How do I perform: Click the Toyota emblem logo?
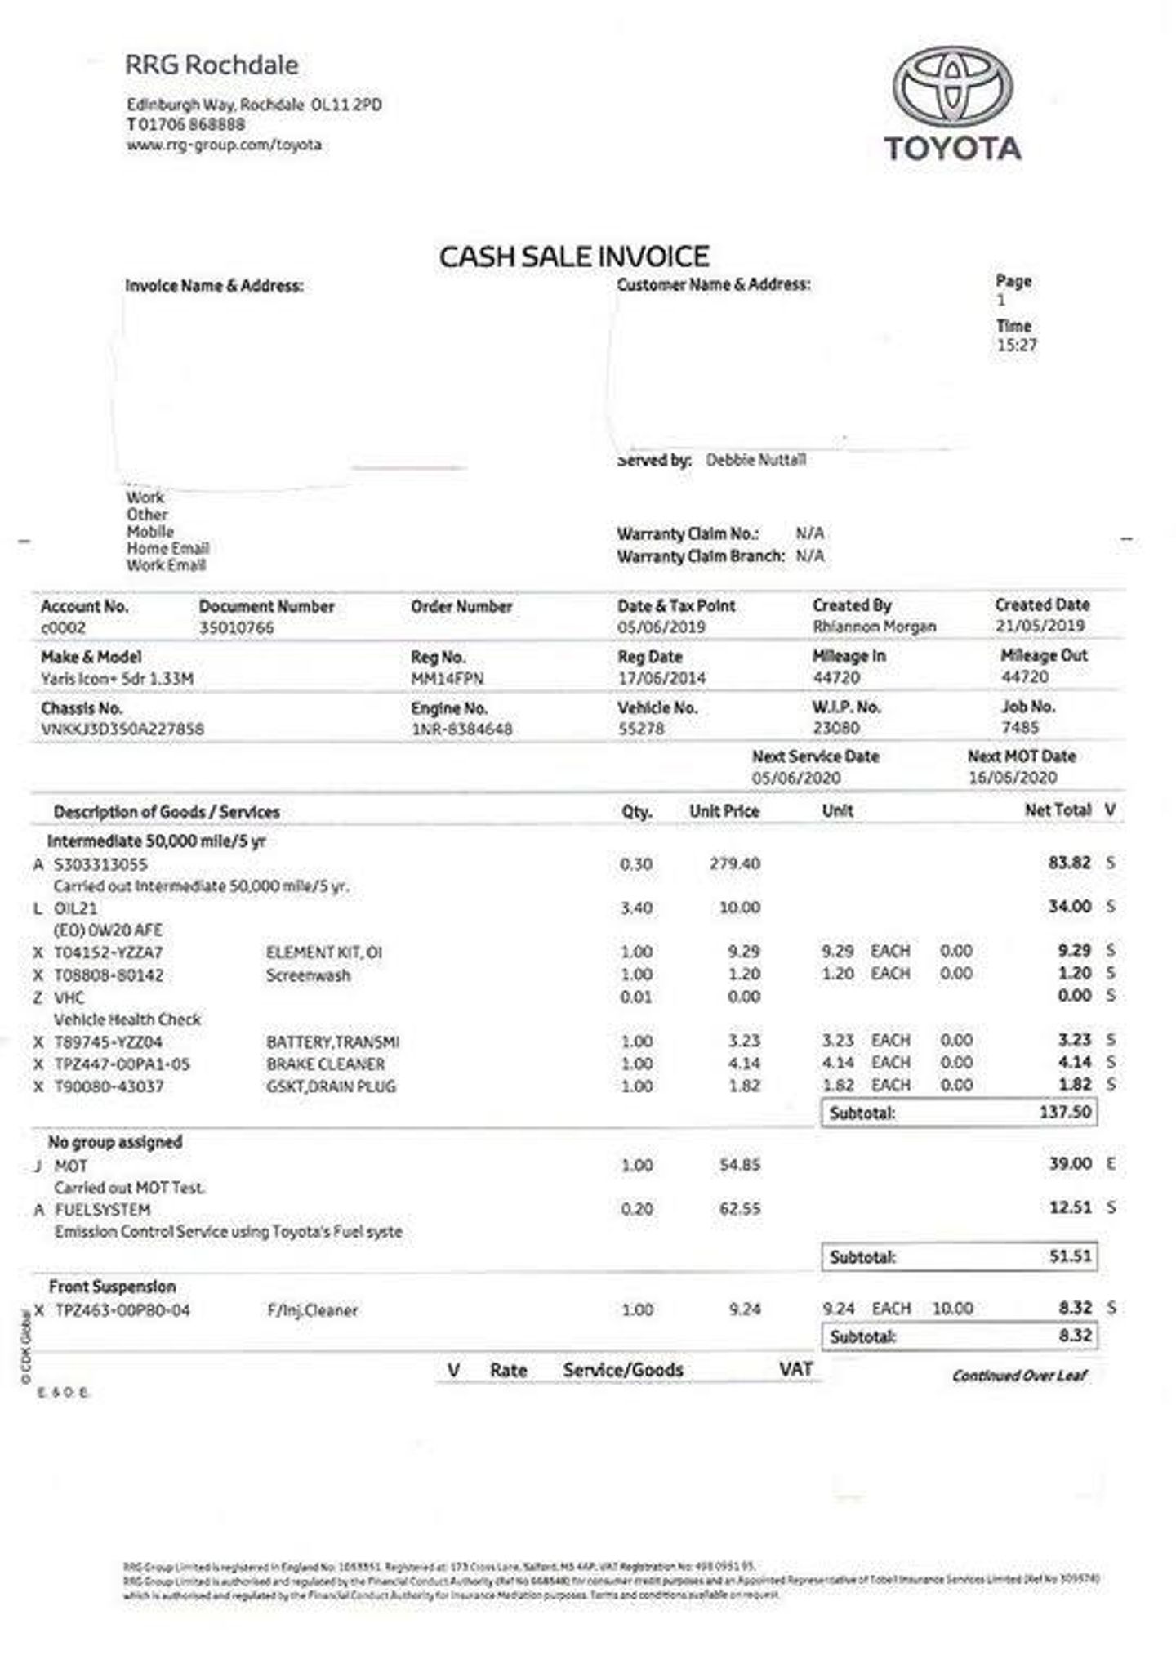point(951,87)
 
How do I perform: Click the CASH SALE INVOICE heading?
point(574,257)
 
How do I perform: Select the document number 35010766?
point(236,628)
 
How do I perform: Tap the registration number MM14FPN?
point(447,679)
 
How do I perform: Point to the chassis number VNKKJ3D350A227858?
point(122,729)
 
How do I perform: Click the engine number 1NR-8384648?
point(461,729)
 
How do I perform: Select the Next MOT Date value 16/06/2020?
point(1012,778)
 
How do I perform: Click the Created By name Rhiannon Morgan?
point(874,627)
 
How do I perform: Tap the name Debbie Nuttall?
point(755,460)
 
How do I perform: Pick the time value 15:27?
point(1016,345)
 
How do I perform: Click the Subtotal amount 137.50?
point(1065,1112)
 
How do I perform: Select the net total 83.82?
point(1069,863)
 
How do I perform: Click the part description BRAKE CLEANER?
point(325,1064)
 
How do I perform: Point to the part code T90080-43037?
point(109,1086)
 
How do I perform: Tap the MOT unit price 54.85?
point(739,1164)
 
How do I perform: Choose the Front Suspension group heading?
point(112,1287)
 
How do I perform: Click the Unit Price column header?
point(724,811)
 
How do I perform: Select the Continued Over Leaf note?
point(1019,1375)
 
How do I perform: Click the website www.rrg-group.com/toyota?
point(224,145)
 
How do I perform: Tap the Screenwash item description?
point(308,975)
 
